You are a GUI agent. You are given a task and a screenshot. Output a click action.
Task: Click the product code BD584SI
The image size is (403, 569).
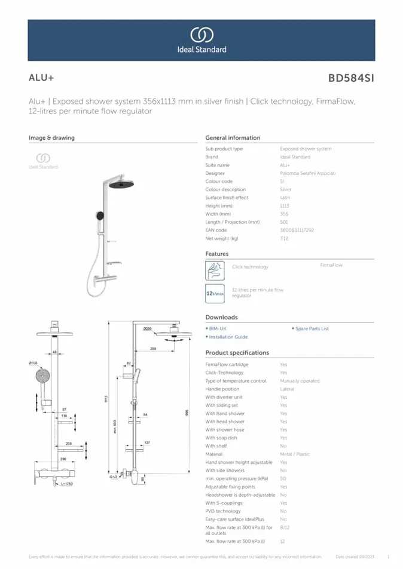pos(351,78)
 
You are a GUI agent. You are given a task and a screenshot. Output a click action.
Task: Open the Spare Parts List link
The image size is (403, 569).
pos(312,329)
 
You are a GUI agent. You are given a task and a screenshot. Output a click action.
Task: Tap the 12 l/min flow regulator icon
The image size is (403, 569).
pos(215,293)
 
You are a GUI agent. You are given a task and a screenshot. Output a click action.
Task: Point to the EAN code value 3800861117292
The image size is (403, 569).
pos(297,230)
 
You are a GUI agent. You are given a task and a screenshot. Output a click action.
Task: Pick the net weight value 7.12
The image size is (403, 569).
pos(284,238)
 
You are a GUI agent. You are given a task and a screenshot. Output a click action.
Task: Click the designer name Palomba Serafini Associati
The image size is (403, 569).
pos(307,173)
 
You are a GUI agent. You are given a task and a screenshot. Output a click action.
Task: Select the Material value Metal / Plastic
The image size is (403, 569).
pos(295,454)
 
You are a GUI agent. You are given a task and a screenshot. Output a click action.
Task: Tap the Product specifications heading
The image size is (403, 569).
pos(237,353)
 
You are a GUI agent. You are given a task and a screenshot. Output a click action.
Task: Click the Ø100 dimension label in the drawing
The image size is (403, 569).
pos(33,363)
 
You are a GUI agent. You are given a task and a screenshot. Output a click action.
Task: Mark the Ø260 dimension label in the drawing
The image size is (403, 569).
pos(148,329)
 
